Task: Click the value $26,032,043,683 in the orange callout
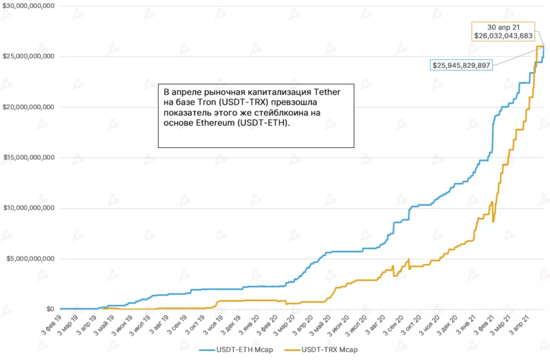[x=503, y=36]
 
